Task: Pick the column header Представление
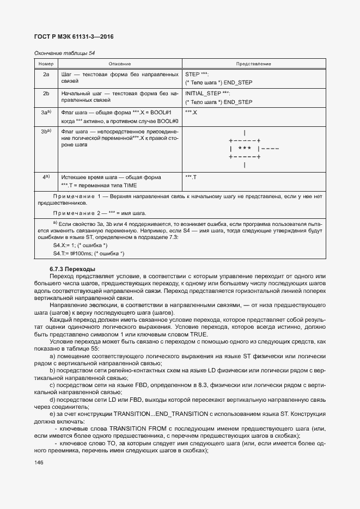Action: (x=253, y=64)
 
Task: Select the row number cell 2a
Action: (x=46, y=73)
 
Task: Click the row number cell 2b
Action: (x=46, y=93)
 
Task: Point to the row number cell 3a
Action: (x=46, y=112)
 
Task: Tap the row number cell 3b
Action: (x=46, y=131)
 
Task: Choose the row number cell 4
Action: (x=46, y=176)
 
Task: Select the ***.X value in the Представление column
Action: (x=191, y=112)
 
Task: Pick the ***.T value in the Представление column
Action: (x=191, y=177)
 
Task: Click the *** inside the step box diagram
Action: (x=245, y=148)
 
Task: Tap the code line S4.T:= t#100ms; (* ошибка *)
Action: (x=89, y=254)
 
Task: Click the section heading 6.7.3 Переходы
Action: (x=72, y=269)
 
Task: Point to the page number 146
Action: (x=39, y=462)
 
